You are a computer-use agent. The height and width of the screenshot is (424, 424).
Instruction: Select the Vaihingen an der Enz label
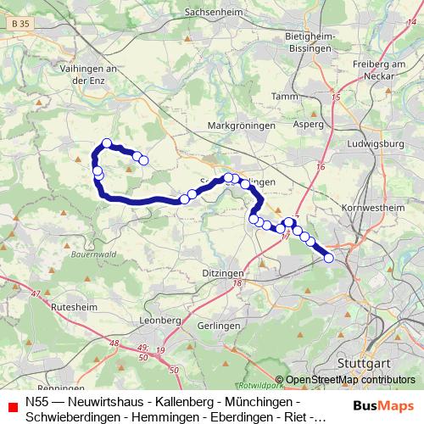(x=107, y=73)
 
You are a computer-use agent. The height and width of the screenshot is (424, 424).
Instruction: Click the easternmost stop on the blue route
(x=329, y=258)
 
